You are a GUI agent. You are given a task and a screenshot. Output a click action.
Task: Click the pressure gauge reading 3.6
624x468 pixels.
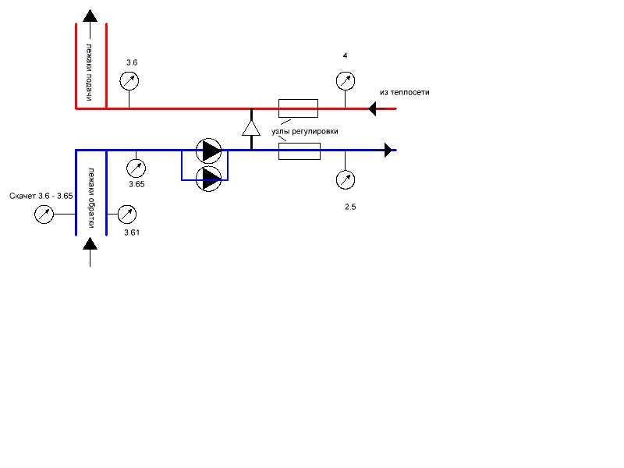[x=129, y=81]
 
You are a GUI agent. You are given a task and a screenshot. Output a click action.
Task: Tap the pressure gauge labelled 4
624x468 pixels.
[x=346, y=81]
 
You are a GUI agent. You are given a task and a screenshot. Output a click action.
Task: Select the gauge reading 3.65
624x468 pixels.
[x=136, y=168]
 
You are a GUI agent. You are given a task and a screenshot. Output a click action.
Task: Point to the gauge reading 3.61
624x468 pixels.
[x=127, y=214]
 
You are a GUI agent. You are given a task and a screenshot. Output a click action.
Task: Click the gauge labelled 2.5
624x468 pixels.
[x=346, y=180]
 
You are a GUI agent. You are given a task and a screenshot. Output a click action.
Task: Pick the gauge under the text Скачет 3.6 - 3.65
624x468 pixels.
[x=44, y=214]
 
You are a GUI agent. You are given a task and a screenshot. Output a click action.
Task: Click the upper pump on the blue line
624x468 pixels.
[x=208, y=151]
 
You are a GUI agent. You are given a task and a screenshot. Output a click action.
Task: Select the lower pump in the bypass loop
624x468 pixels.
[x=208, y=179]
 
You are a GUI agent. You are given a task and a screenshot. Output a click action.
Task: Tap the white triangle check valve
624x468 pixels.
[x=251, y=128]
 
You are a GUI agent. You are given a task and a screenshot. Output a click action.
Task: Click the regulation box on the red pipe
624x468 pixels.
[x=298, y=108]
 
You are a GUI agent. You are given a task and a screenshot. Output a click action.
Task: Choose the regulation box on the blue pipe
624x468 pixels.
[x=300, y=151]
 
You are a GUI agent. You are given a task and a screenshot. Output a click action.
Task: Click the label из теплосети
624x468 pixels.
[x=404, y=92]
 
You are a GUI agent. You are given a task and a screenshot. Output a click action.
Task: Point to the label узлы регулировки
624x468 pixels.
[x=305, y=131]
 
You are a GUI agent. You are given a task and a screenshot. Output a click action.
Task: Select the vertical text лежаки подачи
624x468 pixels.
[x=90, y=72]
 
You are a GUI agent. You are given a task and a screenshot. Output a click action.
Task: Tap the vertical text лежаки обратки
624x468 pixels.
[x=91, y=198]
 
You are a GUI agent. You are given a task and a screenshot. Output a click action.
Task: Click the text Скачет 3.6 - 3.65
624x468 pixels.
[x=41, y=196]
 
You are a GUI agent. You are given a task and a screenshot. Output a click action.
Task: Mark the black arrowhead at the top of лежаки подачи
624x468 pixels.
[x=90, y=16]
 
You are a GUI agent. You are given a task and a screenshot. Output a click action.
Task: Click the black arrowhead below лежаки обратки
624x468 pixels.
[x=90, y=243]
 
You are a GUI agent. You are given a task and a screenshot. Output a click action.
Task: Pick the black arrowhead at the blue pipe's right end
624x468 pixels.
[x=388, y=150]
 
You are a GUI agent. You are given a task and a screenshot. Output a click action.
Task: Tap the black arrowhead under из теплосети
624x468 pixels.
[x=373, y=108]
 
